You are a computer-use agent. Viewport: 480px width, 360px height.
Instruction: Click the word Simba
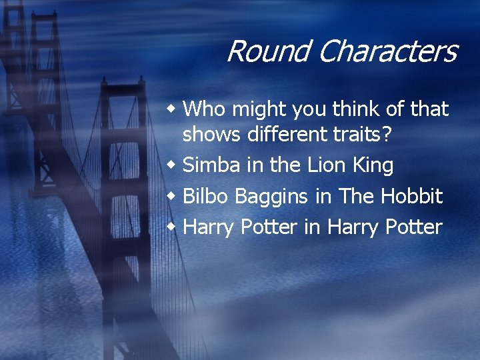click(x=209, y=165)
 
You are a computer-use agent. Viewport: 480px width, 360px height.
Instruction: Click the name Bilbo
click(x=203, y=196)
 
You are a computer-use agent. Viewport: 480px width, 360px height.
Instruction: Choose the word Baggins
click(x=263, y=197)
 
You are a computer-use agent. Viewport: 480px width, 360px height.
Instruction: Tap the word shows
click(x=211, y=134)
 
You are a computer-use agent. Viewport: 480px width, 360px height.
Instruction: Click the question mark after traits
click(x=395, y=134)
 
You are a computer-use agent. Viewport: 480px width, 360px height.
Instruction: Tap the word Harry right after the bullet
click(x=208, y=228)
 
